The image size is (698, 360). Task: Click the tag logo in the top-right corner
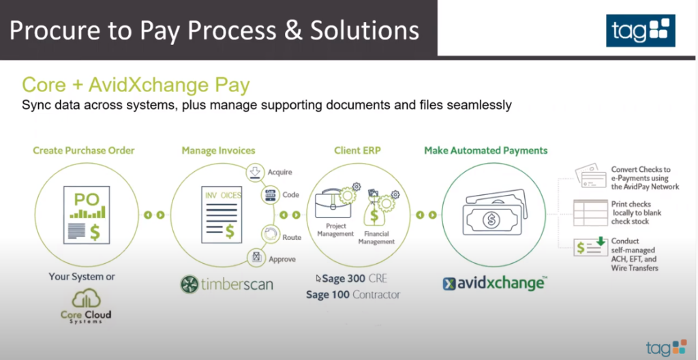tap(640, 30)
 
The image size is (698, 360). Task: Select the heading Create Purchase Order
tap(84, 151)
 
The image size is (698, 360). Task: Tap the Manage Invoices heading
tap(219, 151)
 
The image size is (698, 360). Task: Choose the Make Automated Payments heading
tap(485, 151)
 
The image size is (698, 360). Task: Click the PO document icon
tap(87, 215)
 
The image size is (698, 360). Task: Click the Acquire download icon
tap(255, 172)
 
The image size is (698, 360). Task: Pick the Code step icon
tap(270, 195)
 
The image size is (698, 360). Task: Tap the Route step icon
tap(270, 235)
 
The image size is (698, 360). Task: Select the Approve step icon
tap(256, 258)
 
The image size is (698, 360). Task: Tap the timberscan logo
tap(226, 284)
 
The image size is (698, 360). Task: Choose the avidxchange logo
tap(495, 284)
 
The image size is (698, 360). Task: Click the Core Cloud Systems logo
tap(86, 307)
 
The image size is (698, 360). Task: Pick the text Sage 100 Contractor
tap(353, 295)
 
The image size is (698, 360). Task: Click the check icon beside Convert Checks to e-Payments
tap(590, 175)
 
